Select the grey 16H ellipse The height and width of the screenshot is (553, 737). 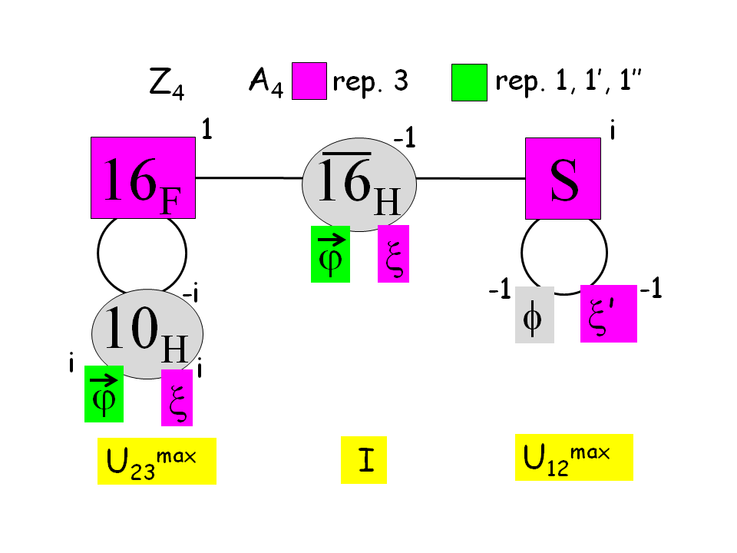click(359, 185)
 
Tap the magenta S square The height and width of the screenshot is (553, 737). click(563, 179)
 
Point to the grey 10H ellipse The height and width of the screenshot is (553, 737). click(147, 333)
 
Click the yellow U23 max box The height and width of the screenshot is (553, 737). click(157, 461)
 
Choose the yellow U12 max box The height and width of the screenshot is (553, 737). click(573, 457)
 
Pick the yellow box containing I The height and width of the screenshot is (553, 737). click(363, 463)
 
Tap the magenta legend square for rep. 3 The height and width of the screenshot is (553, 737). click(309, 82)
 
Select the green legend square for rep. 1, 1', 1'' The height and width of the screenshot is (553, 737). click(469, 82)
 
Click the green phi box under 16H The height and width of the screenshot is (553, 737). click(330, 253)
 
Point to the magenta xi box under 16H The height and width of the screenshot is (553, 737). click(393, 253)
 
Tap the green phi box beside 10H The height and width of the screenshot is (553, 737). click(104, 393)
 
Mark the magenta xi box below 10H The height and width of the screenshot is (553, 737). click(177, 397)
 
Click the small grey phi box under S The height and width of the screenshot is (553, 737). click(534, 313)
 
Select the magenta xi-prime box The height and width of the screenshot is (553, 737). click(608, 313)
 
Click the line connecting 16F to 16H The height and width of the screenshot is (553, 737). click(250, 178)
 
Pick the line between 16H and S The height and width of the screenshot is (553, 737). click(471, 178)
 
